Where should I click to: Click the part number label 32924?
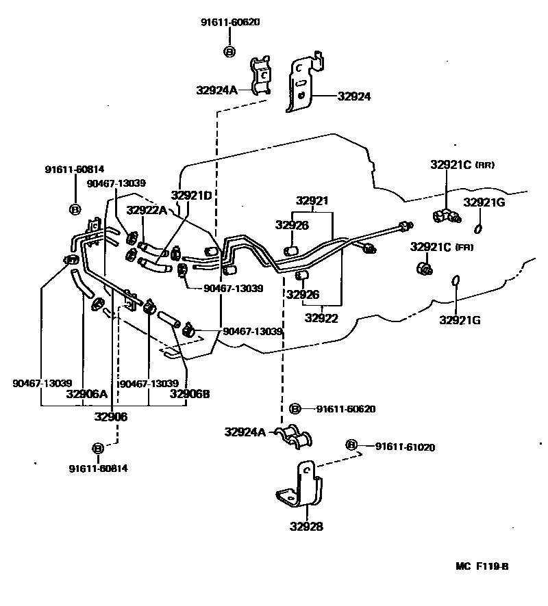point(353,97)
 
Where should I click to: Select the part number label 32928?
point(306,527)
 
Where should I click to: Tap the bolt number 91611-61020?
point(405,447)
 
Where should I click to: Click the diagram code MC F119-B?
point(482,567)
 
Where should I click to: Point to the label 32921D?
point(191,196)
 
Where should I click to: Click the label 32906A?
point(87,394)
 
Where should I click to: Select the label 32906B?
point(190,394)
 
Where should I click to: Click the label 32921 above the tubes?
point(312,201)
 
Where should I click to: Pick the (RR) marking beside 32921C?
point(484,166)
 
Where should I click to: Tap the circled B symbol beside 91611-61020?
point(352,445)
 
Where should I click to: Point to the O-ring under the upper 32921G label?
point(480,228)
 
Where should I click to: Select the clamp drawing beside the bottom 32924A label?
point(292,438)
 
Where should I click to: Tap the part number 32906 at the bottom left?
point(110,417)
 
